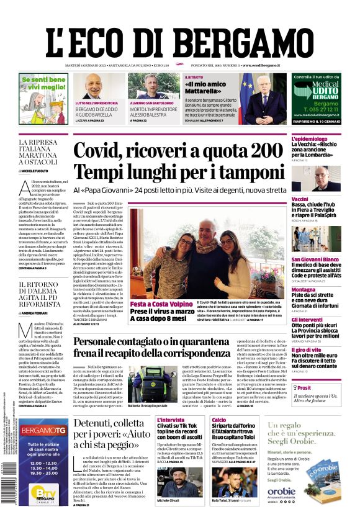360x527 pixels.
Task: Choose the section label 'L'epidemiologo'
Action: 309,139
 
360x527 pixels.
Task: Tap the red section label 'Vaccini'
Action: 300,199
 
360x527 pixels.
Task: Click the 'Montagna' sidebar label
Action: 304,289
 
